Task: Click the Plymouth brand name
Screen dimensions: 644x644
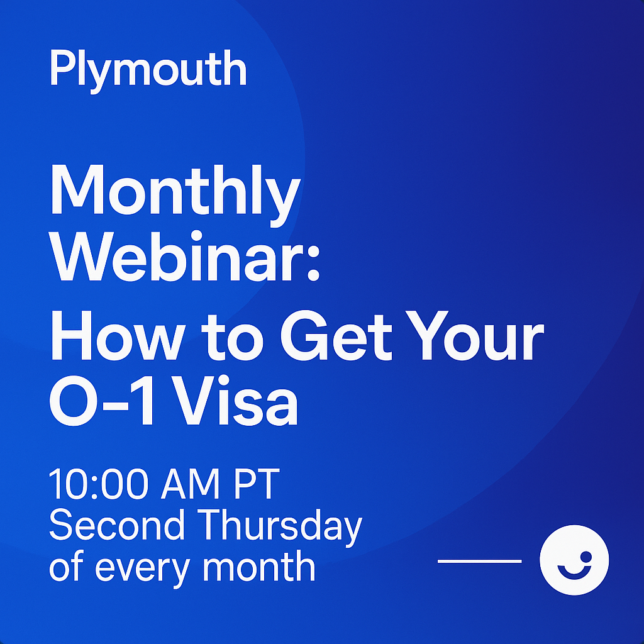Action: click(148, 70)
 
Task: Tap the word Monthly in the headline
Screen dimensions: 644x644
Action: click(175, 195)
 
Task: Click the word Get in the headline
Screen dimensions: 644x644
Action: click(336, 336)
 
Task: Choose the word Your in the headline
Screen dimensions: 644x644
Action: click(474, 336)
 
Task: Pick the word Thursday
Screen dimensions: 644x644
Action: click(280, 528)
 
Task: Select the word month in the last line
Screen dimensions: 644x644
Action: click(259, 565)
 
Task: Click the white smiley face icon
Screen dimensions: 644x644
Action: click(574, 560)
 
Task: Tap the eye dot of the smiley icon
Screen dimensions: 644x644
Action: click(586, 557)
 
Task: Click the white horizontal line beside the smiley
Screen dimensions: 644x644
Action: click(480, 560)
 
